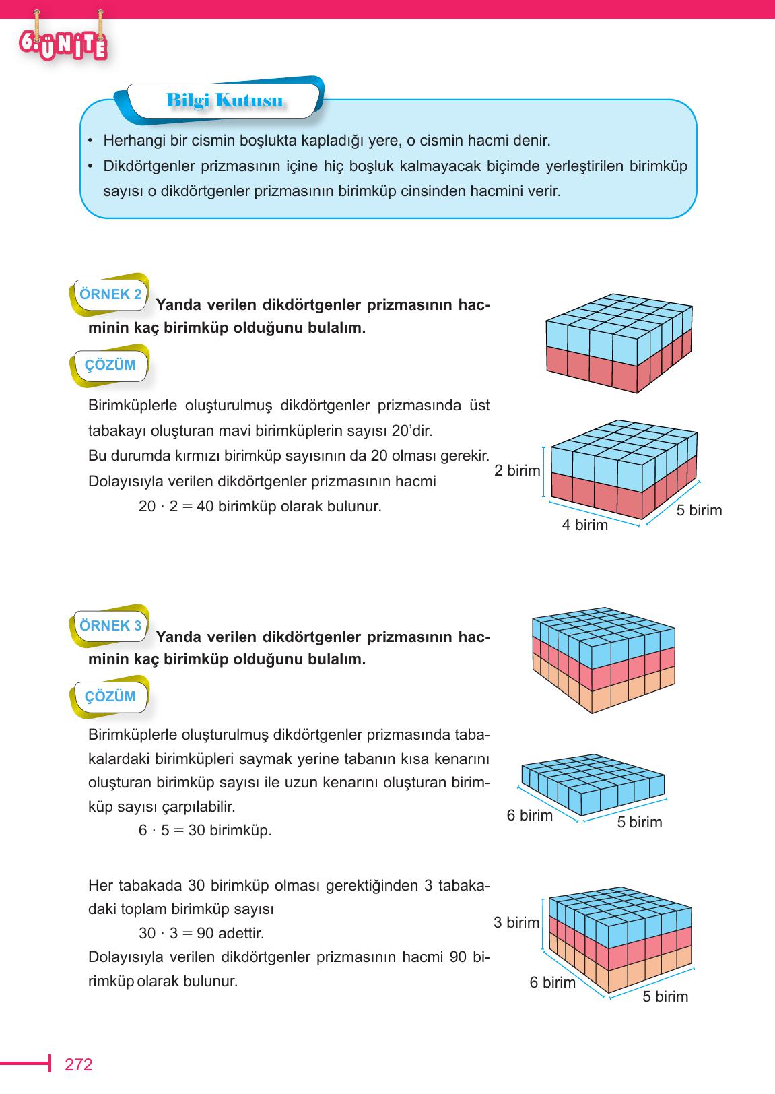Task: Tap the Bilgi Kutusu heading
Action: (224, 101)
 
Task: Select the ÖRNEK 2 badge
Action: (110, 294)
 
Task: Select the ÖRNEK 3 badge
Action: (110, 626)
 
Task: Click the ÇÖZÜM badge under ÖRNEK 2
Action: (110, 365)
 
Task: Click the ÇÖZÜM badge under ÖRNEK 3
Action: (110, 697)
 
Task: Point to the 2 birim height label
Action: (517, 471)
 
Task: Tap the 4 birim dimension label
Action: (584, 525)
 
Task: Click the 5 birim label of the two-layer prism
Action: (699, 511)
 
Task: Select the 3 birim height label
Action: (516, 923)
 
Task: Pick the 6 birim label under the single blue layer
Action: (529, 816)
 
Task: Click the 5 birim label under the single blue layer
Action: (639, 823)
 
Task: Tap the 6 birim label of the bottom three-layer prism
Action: (552, 983)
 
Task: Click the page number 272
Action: (78, 1065)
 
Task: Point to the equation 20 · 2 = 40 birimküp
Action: (260, 507)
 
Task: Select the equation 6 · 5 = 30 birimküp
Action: (205, 831)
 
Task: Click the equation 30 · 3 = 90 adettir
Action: (201, 934)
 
